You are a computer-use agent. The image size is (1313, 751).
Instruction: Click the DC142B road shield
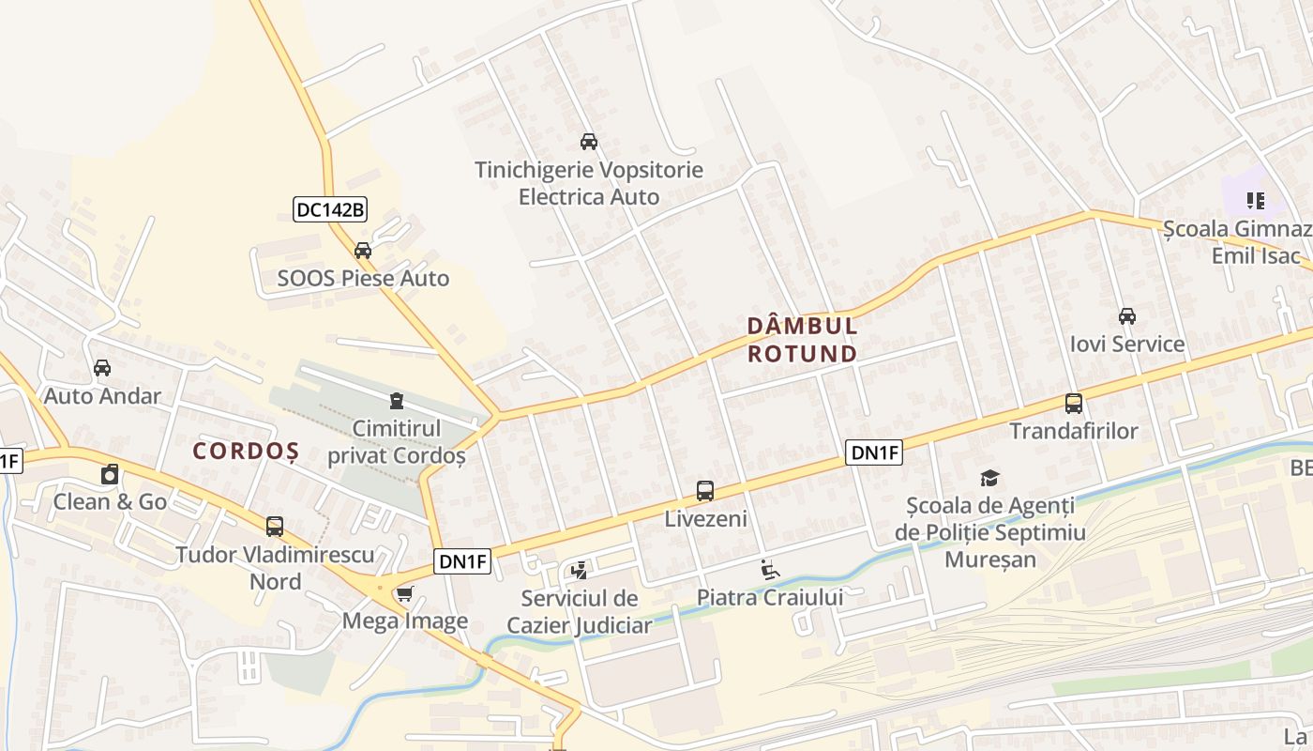329,209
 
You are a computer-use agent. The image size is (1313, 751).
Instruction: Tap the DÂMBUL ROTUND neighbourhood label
802,340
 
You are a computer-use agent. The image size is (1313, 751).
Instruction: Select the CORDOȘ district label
246,452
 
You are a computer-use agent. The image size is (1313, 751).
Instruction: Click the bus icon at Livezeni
705,491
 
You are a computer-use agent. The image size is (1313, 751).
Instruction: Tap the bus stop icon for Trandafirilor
1074,404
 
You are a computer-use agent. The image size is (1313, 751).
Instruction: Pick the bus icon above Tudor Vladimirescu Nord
275,527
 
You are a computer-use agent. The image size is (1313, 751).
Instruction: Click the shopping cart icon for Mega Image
405,593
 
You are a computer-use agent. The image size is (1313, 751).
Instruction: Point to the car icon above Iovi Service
1127,316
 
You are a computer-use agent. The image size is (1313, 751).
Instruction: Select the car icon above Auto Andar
102,368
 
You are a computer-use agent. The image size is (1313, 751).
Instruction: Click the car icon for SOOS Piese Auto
363,251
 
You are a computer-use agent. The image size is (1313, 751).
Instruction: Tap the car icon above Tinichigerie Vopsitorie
589,142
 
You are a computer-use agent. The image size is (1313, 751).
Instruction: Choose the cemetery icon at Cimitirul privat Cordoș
397,401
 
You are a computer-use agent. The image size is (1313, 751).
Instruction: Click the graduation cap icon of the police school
989,478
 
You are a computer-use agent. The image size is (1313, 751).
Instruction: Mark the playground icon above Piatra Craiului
769,569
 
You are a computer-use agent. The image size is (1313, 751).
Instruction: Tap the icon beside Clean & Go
110,474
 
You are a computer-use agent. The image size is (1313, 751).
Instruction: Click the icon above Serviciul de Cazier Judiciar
579,570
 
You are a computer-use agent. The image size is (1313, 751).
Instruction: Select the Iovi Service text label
1127,345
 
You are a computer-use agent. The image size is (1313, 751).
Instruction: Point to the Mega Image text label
405,621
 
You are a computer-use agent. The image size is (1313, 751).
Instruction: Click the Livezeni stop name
705,518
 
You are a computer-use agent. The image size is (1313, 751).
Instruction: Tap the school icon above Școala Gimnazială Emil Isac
1256,200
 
